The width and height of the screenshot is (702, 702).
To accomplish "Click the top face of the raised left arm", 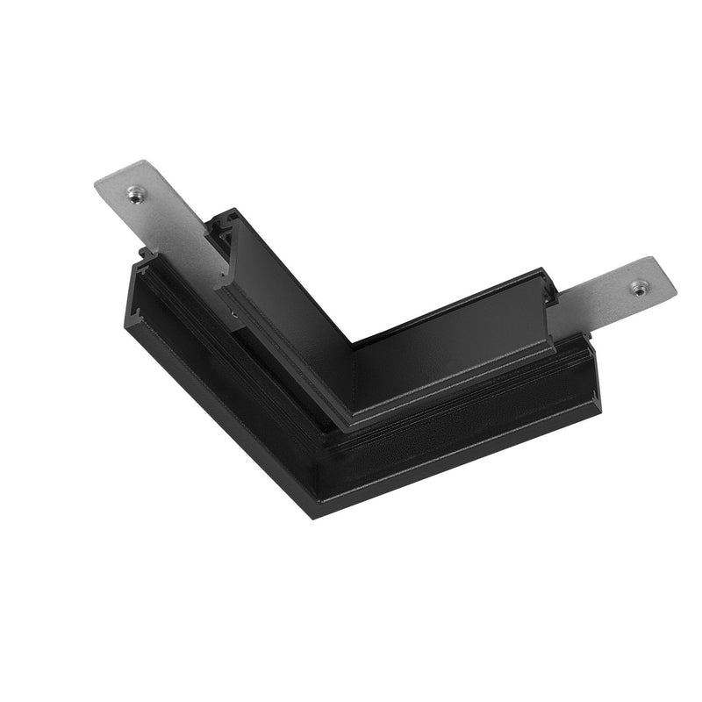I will (x=290, y=281).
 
